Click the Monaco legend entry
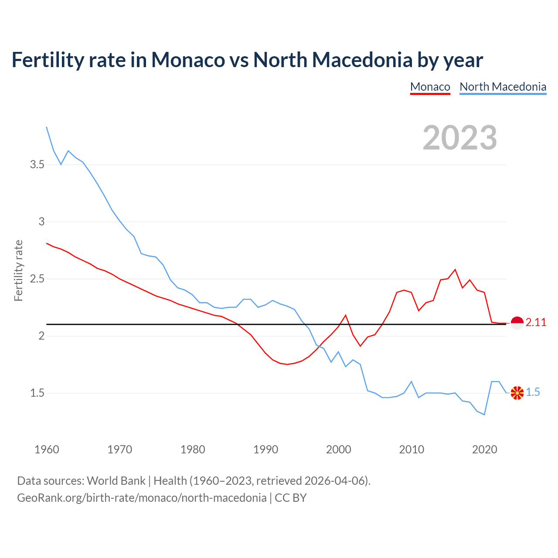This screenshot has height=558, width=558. [x=430, y=87]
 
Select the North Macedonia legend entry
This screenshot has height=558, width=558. [x=503, y=87]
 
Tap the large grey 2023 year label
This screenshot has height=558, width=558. [x=459, y=138]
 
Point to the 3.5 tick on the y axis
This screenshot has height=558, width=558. [x=37, y=165]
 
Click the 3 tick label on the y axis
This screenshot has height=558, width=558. [x=41, y=222]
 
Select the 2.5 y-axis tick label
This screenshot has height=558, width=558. [x=37, y=279]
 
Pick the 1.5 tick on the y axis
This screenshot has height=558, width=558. [x=37, y=393]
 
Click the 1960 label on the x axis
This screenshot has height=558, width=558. [x=47, y=449]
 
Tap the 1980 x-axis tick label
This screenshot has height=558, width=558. [x=193, y=449]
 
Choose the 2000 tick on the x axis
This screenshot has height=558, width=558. [x=339, y=449]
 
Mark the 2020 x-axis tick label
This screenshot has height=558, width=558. [x=484, y=449]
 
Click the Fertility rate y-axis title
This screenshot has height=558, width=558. [x=18, y=270]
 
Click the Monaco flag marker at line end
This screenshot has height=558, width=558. [x=517, y=323]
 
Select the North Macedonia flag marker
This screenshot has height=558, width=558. [x=517, y=393]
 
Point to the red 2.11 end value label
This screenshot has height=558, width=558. [x=536, y=323]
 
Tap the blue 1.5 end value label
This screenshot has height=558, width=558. [x=533, y=392]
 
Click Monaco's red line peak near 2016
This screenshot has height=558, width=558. [x=455, y=269]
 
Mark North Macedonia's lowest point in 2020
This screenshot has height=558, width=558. [x=484, y=415]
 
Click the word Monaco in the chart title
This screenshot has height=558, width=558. [x=188, y=60]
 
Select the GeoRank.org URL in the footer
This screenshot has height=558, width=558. [x=142, y=498]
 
